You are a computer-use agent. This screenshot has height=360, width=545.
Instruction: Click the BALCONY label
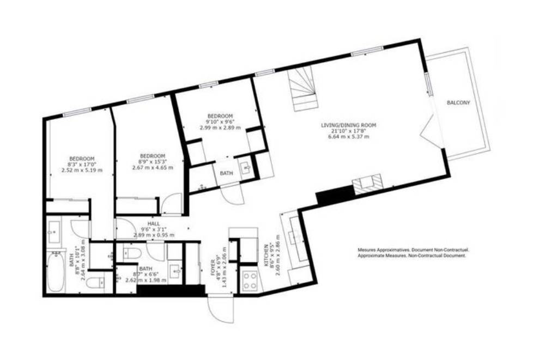click(x=458, y=103)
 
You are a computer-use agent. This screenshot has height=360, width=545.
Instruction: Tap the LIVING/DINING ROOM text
click(x=349, y=125)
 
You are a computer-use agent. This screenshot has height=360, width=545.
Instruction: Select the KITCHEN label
click(x=267, y=255)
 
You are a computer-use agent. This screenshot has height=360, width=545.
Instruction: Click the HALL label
click(x=154, y=224)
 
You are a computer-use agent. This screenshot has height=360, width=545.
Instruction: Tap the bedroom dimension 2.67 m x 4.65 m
click(x=153, y=168)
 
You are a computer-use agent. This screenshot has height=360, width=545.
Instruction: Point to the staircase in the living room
click(x=302, y=89)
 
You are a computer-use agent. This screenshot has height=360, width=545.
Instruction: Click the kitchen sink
click(x=297, y=237)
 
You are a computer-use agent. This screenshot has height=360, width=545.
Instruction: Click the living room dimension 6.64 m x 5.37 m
click(x=349, y=137)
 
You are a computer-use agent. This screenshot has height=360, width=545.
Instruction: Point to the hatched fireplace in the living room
click(x=367, y=184)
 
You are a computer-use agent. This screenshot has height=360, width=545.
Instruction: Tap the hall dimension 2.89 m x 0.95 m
click(x=154, y=235)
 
